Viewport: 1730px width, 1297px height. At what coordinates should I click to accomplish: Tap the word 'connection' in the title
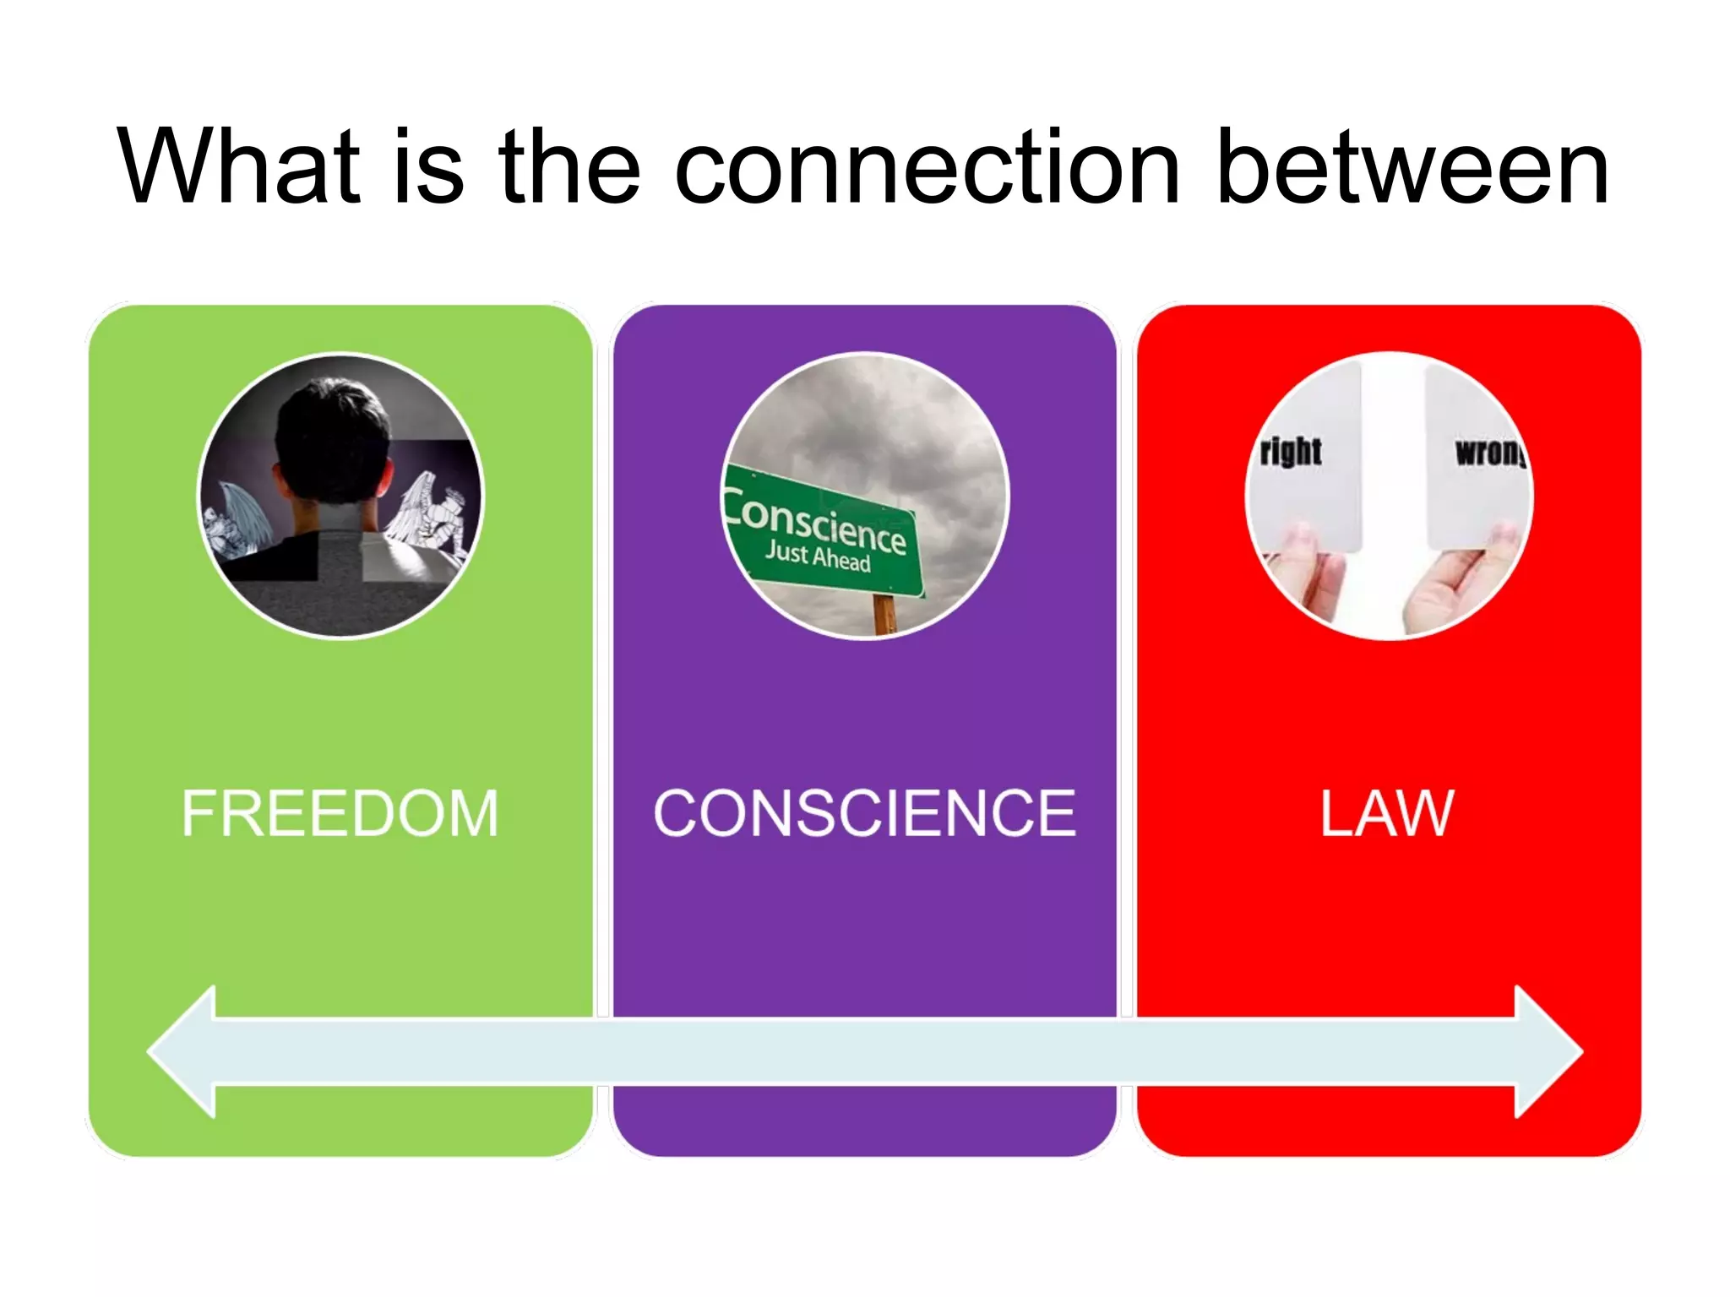tap(927, 166)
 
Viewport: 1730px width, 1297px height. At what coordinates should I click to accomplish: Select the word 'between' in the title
tap(1412, 166)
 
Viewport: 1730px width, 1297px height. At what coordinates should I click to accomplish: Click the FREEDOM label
tap(340, 813)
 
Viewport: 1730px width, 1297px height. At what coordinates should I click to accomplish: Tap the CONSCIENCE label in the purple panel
tap(865, 813)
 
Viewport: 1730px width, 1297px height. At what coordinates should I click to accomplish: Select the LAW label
tap(1387, 813)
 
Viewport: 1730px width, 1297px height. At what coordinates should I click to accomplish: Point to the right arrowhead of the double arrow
tap(1546, 1051)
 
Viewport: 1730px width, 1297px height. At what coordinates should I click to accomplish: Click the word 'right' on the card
tap(1291, 451)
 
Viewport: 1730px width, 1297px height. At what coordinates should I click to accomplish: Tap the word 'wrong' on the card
tap(1491, 453)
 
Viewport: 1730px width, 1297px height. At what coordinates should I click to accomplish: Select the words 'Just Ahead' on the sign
tap(818, 556)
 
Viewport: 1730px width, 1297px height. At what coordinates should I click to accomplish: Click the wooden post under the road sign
tap(884, 614)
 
